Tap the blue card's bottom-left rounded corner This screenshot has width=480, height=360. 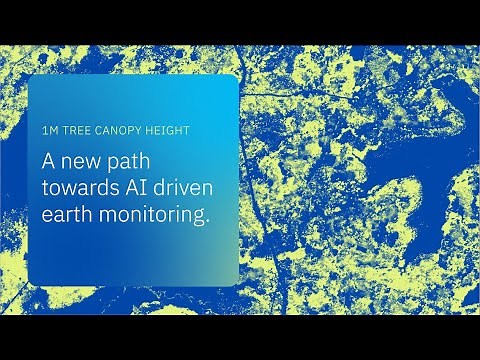[32, 282]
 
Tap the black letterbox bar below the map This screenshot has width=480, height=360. [240, 337]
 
